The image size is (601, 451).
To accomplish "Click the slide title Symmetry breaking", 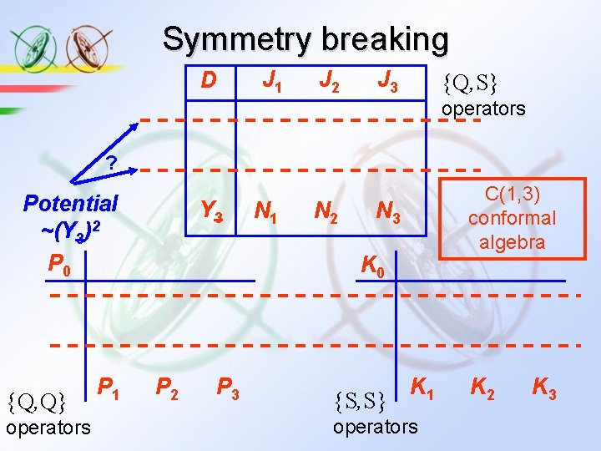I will (306, 39).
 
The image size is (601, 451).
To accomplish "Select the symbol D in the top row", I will (209, 80).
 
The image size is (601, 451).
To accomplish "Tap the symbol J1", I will (271, 81).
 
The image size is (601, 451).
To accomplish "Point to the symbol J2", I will (330, 81).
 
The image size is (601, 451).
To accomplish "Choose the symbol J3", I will (387, 81).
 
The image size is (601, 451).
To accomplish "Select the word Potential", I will (71, 203).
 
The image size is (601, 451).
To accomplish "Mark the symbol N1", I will (267, 213).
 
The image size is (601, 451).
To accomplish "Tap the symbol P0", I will (61, 266).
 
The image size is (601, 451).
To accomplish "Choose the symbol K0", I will (372, 266).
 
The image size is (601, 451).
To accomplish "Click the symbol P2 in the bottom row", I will (169, 387).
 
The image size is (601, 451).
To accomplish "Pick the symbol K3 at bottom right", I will (545, 387).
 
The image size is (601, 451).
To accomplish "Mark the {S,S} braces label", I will (359, 402).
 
